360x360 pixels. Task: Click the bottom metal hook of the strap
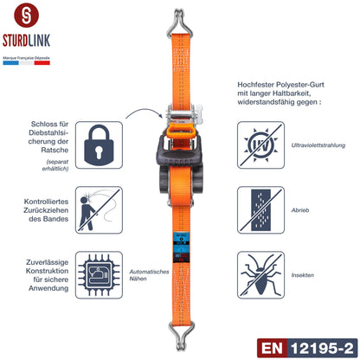pyautogui.click(x=181, y=344)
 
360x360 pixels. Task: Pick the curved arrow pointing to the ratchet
pyautogui.click(x=143, y=115)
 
